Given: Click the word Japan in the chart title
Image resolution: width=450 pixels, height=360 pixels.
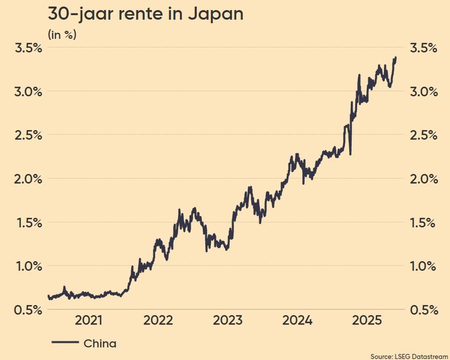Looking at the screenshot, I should coord(215,14).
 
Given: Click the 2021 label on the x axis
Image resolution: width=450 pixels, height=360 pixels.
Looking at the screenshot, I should coord(89,321).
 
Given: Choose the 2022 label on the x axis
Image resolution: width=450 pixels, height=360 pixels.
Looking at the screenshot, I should coord(158,321).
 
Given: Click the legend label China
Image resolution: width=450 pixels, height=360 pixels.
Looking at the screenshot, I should coord(100,344).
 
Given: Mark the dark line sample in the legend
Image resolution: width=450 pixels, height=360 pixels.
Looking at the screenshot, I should coord(65,343).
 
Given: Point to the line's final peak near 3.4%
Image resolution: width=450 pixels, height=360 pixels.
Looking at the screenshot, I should coord(396,58).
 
